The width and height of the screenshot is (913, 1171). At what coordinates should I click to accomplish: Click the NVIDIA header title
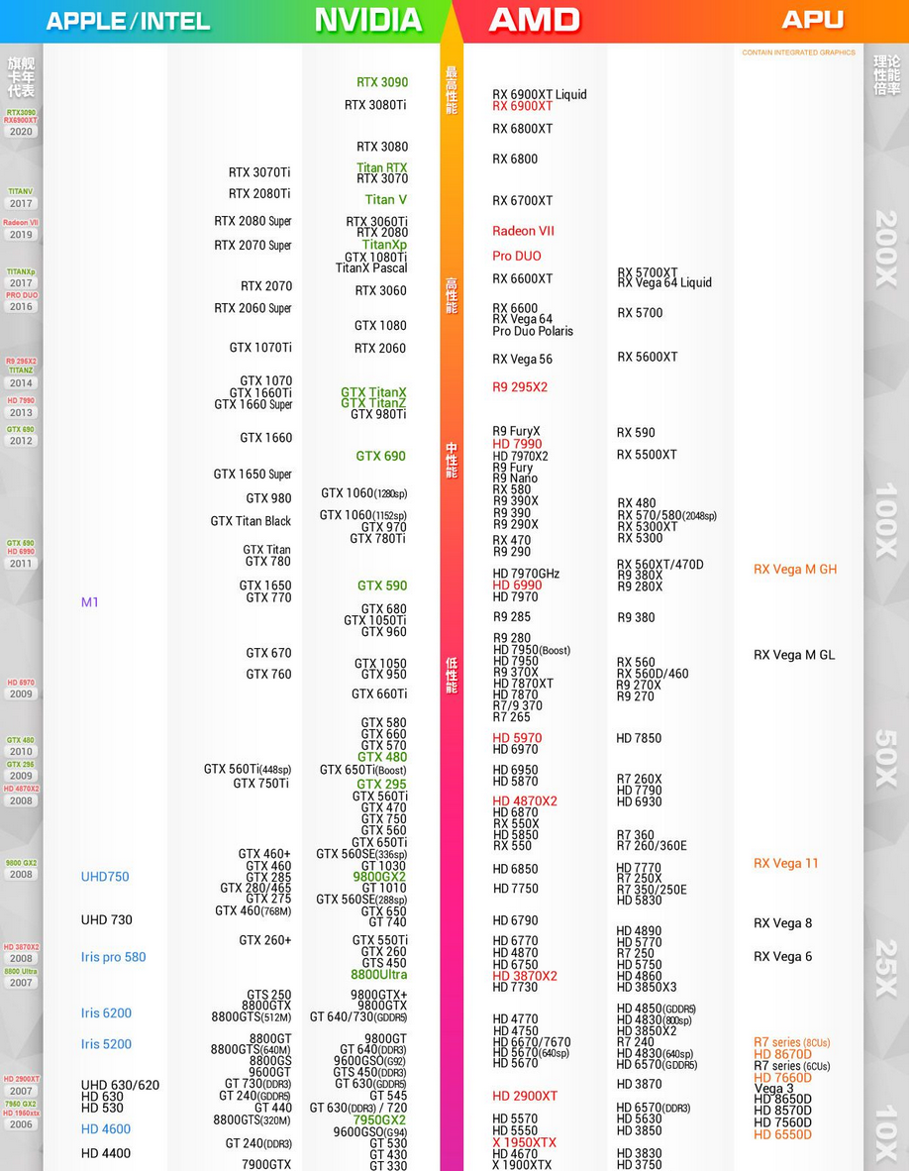click(x=368, y=20)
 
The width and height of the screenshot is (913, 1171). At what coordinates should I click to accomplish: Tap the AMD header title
click(x=534, y=20)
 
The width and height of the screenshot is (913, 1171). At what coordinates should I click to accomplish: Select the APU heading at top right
click(x=812, y=20)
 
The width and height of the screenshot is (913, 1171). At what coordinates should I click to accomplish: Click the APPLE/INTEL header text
click(x=128, y=21)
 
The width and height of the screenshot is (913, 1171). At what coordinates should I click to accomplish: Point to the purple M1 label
click(x=90, y=602)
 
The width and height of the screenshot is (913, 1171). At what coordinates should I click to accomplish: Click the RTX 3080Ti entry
click(x=375, y=105)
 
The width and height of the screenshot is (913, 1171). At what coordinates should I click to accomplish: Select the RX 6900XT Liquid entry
click(x=540, y=94)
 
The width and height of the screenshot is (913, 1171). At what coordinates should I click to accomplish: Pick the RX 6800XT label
click(x=523, y=129)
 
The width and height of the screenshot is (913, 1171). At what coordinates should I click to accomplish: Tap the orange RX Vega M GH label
click(x=795, y=570)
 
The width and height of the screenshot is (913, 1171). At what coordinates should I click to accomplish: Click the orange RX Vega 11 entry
click(x=786, y=863)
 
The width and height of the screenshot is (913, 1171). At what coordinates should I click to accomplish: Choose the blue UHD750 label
click(x=105, y=877)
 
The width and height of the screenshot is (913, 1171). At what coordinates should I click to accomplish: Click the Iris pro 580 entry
click(x=114, y=957)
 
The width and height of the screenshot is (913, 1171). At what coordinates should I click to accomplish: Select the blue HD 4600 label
click(x=106, y=1129)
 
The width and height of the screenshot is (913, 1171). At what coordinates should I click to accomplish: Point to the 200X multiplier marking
click(x=885, y=249)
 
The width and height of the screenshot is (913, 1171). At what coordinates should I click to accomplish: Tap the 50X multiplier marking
click(x=885, y=759)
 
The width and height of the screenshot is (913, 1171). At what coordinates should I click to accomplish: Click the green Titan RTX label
click(x=382, y=168)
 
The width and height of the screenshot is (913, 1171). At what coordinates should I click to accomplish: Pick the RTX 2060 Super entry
click(x=253, y=308)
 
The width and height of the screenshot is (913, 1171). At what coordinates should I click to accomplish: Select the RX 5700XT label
click(x=648, y=272)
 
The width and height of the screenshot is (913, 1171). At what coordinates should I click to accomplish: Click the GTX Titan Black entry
click(x=251, y=521)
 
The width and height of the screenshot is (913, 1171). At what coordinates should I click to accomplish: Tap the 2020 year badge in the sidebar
click(x=21, y=132)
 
